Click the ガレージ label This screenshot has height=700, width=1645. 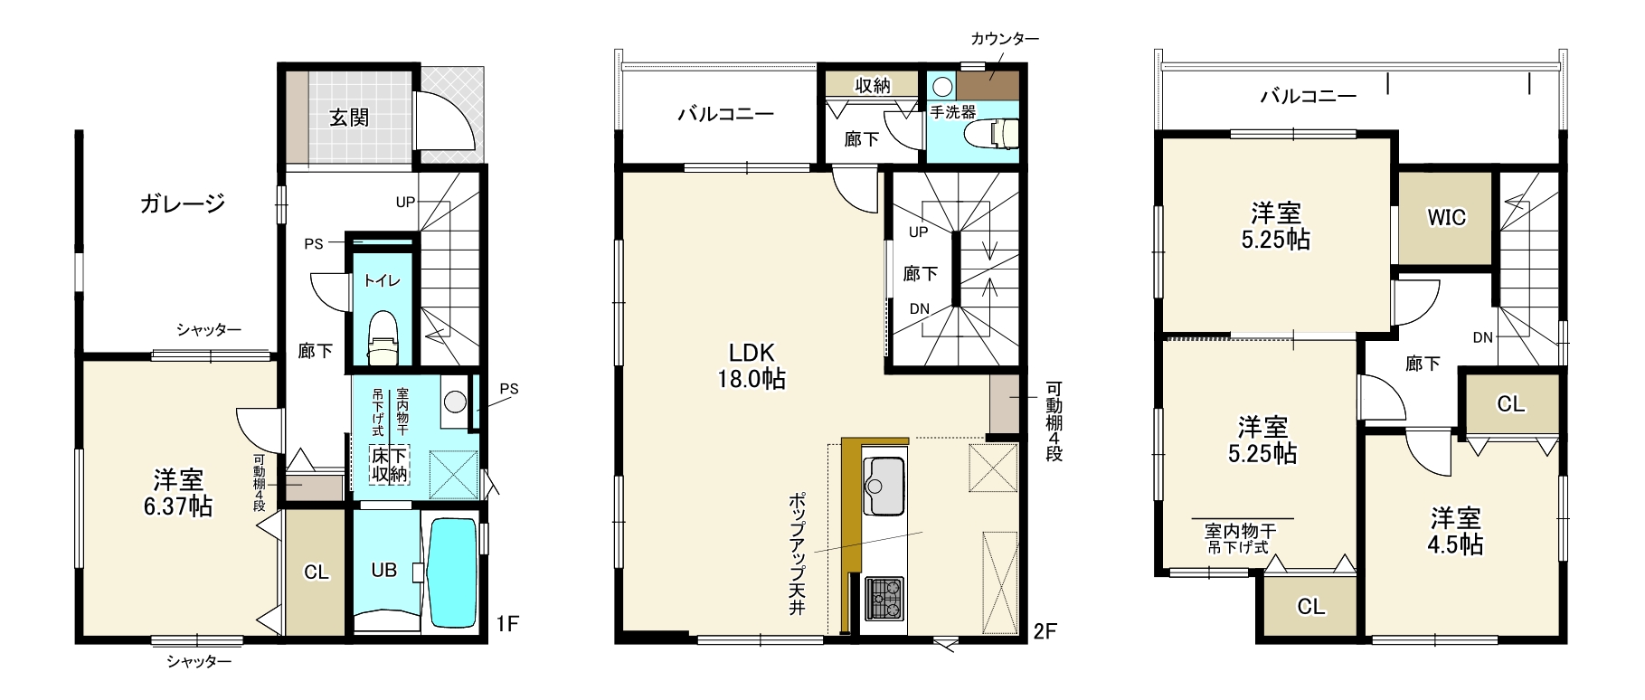[183, 203]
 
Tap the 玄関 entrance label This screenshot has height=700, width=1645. [349, 118]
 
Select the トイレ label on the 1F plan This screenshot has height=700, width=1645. [382, 280]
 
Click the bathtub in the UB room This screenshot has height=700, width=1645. [451, 572]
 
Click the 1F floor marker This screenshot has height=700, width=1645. [507, 624]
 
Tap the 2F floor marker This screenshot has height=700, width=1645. [1045, 631]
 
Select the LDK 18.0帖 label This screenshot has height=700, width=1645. [752, 365]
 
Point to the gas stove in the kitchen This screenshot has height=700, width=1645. [884, 598]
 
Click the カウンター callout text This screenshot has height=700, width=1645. [1005, 39]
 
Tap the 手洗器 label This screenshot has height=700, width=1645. [953, 113]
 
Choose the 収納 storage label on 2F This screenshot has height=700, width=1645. [872, 85]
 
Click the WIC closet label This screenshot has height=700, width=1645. [1446, 217]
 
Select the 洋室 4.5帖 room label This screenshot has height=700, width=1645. [1456, 531]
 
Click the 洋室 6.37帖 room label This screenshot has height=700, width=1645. [178, 491]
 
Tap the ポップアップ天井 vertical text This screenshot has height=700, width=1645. [797, 554]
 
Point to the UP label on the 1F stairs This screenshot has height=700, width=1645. [405, 203]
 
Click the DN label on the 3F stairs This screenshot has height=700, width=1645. [1482, 338]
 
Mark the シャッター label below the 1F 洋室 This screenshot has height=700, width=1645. [199, 662]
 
